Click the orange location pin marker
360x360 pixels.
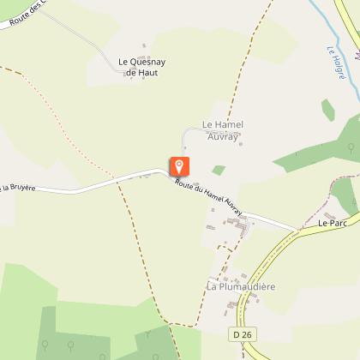179,166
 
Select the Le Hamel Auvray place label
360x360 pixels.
223,130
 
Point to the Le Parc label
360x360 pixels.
331,224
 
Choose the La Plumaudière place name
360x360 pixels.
240,285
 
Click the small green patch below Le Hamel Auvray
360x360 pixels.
219,170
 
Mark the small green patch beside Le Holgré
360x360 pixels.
327,110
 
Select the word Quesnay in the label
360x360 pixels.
147,62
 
